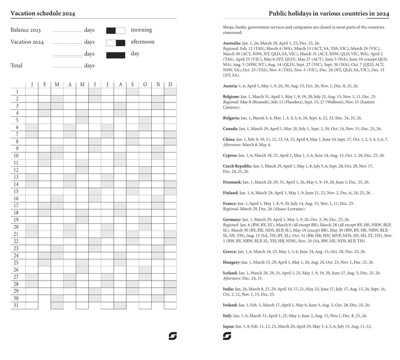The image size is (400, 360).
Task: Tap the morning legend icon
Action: pyautogui.click(x=115, y=30)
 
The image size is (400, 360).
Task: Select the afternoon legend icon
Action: pyautogui.click(x=115, y=42)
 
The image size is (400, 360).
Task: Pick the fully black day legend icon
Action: pyautogui.click(x=115, y=55)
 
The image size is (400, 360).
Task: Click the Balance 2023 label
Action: pyautogui.click(x=26, y=30)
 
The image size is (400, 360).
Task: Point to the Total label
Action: pyautogui.click(x=16, y=66)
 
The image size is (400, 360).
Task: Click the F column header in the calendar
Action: pyautogui.click(x=44, y=84)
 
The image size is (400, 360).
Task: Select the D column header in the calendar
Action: pyautogui.click(x=170, y=84)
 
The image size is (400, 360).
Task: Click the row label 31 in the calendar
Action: pyautogui.click(x=16, y=306)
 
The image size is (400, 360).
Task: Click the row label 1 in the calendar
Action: pyautogui.click(x=17, y=92)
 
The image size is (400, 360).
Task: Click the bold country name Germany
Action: pyautogui.click(x=232, y=220)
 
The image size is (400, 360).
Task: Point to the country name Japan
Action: pyautogui.click(x=229, y=326)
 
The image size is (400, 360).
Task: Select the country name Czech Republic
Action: pyautogui.click(x=237, y=166)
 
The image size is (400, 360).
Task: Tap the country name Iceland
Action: pyautogui.click(x=230, y=273)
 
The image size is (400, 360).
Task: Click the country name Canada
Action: pyautogui.click(x=231, y=127)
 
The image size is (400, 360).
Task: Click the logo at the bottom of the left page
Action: pyautogui.click(x=173, y=336)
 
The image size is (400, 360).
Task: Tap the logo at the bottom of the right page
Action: pyautogui.click(x=227, y=336)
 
